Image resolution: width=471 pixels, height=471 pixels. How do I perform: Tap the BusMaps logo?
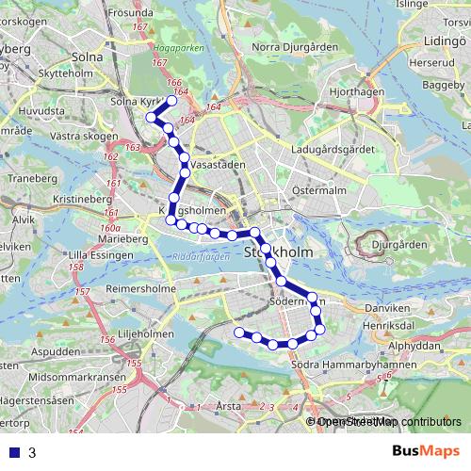pyautogui.click(x=429, y=452)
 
